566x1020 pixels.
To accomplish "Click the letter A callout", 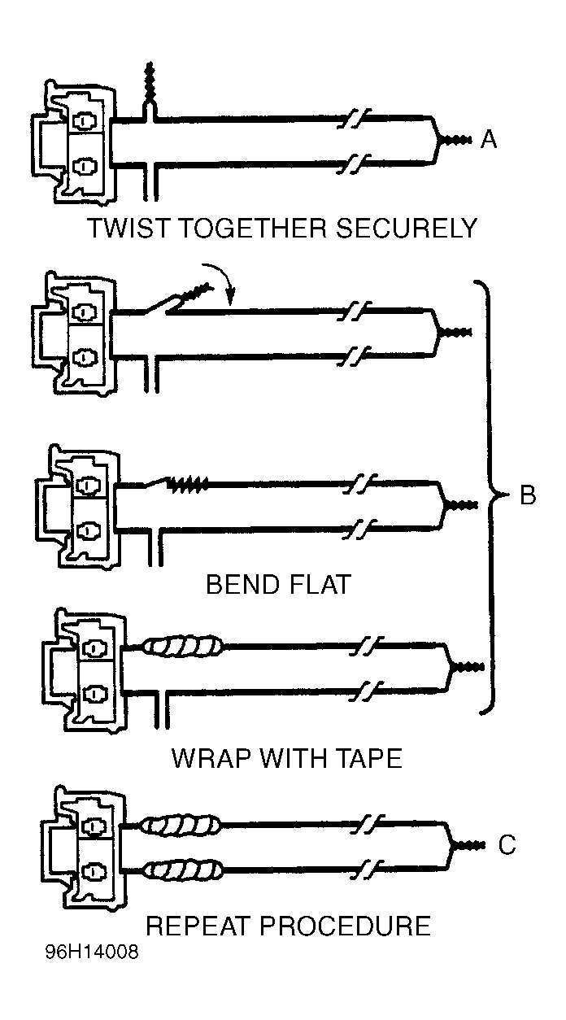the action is pyautogui.click(x=489, y=139).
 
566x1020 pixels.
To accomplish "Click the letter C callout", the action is pyautogui.click(x=507, y=844).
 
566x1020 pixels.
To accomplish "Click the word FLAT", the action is pyautogui.click(x=319, y=584).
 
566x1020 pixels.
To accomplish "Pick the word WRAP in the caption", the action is pyautogui.click(x=211, y=759).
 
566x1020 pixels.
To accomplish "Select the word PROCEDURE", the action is pyautogui.click(x=345, y=926).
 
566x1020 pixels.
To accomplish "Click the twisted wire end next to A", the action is pyautogui.click(x=456, y=140).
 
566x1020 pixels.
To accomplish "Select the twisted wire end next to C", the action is pyautogui.click(x=469, y=845).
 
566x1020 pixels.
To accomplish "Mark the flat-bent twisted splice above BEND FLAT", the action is pyautogui.click(x=189, y=484).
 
